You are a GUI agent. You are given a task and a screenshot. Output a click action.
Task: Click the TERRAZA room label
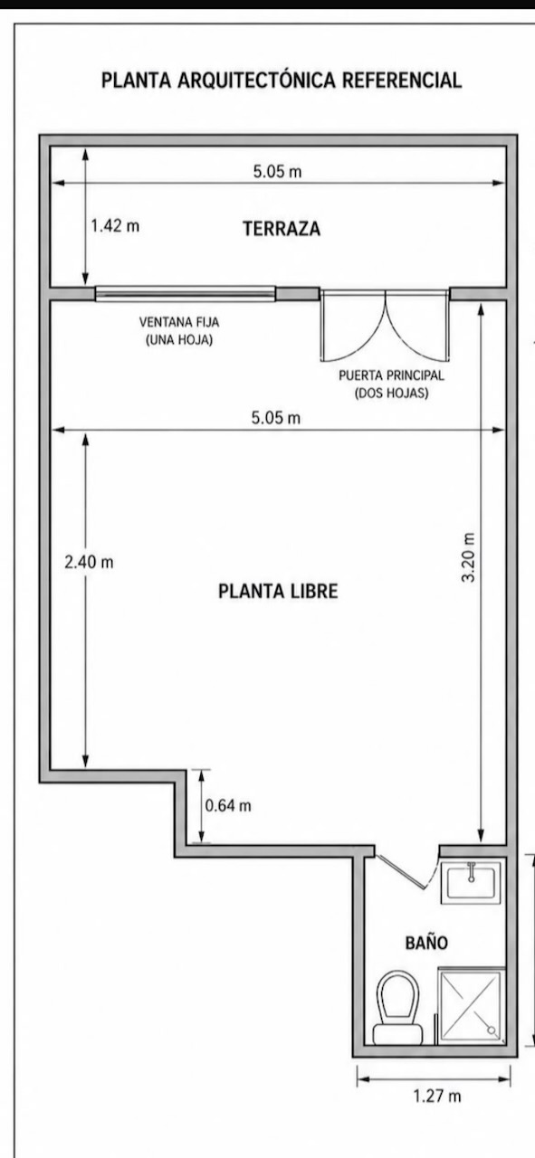(x=282, y=228)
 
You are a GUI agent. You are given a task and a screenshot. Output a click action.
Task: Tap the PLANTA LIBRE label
(x=278, y=591)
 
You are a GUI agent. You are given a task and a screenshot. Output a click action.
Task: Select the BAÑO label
(x=426, y=943)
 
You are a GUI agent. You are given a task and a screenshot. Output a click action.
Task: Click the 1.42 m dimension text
(x=115, y=225)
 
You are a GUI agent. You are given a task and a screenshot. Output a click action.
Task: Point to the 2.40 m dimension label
(x=89, y=562)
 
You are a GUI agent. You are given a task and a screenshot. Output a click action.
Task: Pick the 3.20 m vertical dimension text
(x=468, y=558)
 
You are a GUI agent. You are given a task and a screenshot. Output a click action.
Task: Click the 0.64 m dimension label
(x=228, y=805)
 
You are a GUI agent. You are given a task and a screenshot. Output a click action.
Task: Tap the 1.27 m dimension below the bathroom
(x=437, y=1096)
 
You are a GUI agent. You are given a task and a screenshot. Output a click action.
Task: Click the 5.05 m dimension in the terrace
(x=277, y=171)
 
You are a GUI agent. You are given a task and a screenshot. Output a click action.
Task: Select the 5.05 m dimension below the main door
(x=276, y=418)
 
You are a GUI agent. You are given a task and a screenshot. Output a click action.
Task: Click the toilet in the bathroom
(x=397, y=1008)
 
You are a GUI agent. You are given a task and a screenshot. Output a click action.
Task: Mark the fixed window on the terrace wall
(x=186, y=294)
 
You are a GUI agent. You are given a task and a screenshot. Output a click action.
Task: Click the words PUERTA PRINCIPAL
(x=391, y=375)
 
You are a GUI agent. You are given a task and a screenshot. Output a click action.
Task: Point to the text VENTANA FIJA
(x=179, y=322)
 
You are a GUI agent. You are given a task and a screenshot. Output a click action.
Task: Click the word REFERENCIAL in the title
(x=402, y=81)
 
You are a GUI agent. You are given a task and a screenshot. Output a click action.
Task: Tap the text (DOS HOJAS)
(x=392, y=394)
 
